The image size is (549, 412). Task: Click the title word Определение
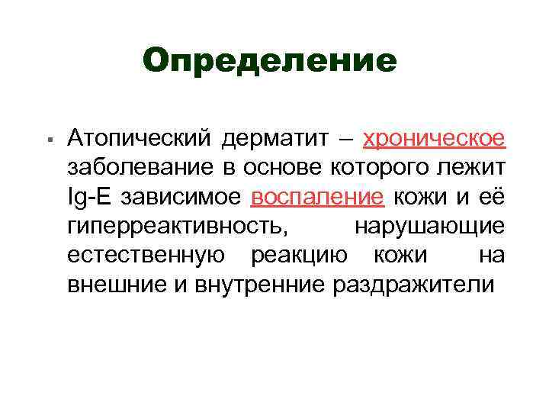(x=269, y=60)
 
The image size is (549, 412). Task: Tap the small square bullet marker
(x=48, y=142)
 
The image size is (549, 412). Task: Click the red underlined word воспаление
(x=317, y=197)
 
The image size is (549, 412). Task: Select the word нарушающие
(x=429, y=227)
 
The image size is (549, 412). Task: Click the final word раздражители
(x=413, y=285)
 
